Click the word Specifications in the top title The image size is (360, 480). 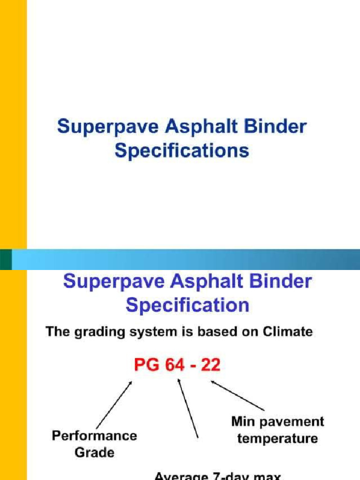[182, 151]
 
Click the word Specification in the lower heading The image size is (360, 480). [187, 306]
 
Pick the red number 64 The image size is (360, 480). [174, 365]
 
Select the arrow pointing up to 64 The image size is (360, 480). [187, 408]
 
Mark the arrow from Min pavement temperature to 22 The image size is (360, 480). [237, 395]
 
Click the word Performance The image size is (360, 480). [94, 435]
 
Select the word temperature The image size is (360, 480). [277, 439]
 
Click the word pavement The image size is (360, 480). [292, 421]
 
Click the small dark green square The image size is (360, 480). [6, 259]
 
